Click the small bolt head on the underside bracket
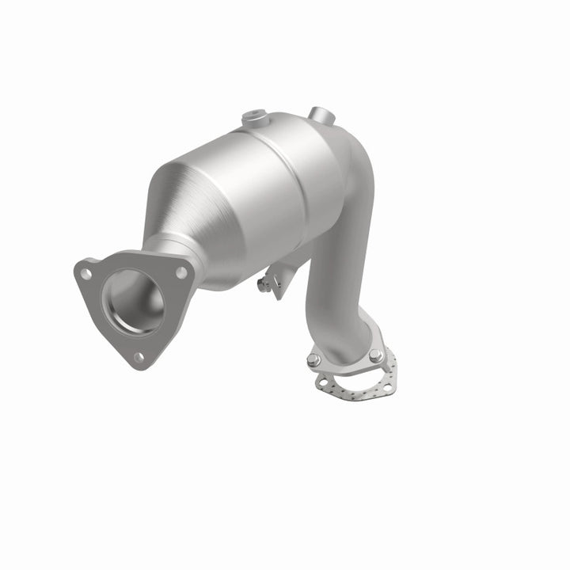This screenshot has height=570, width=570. [x=260, y=283]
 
